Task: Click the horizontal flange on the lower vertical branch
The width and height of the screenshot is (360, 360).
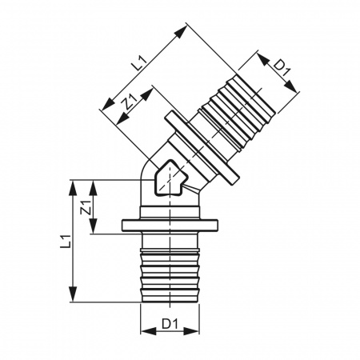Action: (x=167, y=226)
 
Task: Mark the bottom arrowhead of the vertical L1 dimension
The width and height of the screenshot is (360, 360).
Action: (x=74, y=300)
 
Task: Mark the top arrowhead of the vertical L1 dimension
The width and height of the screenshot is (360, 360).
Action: (x=74, y=182)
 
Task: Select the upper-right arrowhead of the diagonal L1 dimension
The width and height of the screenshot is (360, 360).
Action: (x=185, y=28)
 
